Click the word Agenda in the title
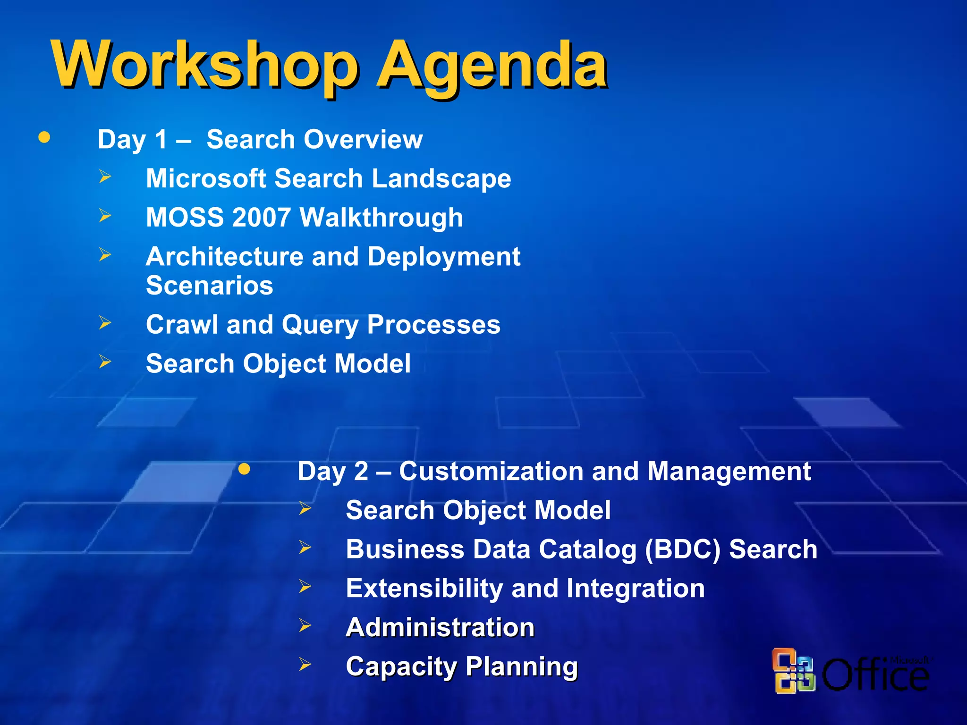pos(491,66)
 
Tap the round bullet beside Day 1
pos(44,137)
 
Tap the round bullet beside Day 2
pos(244,469)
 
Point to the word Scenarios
pos(210,286)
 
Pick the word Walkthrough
pos(381,218)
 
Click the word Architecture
pos(224,257)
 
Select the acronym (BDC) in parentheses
pos(682,550)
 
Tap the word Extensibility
pos(424,589)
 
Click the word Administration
pos(440,628)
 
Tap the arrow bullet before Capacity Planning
pos(305,665)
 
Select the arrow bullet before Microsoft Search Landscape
pos(105,177)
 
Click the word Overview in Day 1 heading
pos(363,140)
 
